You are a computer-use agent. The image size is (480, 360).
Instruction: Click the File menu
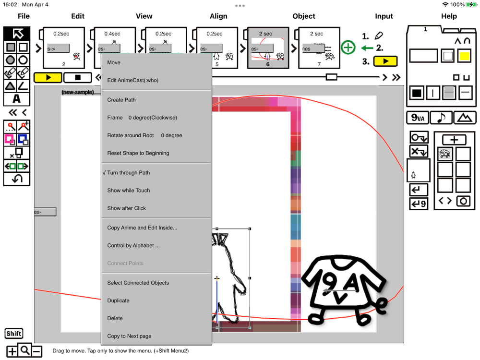point(24,16)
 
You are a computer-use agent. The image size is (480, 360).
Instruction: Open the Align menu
point(218,16)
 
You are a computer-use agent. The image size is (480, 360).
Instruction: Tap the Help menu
point(449,16)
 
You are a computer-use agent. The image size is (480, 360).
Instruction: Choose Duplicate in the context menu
point(118,300)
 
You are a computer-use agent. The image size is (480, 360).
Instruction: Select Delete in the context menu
point(115,318)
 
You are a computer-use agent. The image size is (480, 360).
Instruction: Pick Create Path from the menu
point(121,100)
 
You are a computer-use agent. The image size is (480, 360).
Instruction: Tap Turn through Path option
point(128,173)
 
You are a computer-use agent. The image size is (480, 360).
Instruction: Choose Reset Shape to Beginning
point(138,153)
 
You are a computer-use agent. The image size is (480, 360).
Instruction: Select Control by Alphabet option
point(133,245)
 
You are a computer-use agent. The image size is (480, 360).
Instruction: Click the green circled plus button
point(348,48)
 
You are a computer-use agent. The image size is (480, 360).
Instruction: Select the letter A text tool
point(16,99)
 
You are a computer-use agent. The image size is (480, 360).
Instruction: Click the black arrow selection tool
point(17,34)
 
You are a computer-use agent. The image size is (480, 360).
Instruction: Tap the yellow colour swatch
point(464,56)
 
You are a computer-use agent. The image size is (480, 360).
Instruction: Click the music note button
point(441,118)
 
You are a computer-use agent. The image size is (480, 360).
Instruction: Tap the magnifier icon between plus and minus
point(24,350)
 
